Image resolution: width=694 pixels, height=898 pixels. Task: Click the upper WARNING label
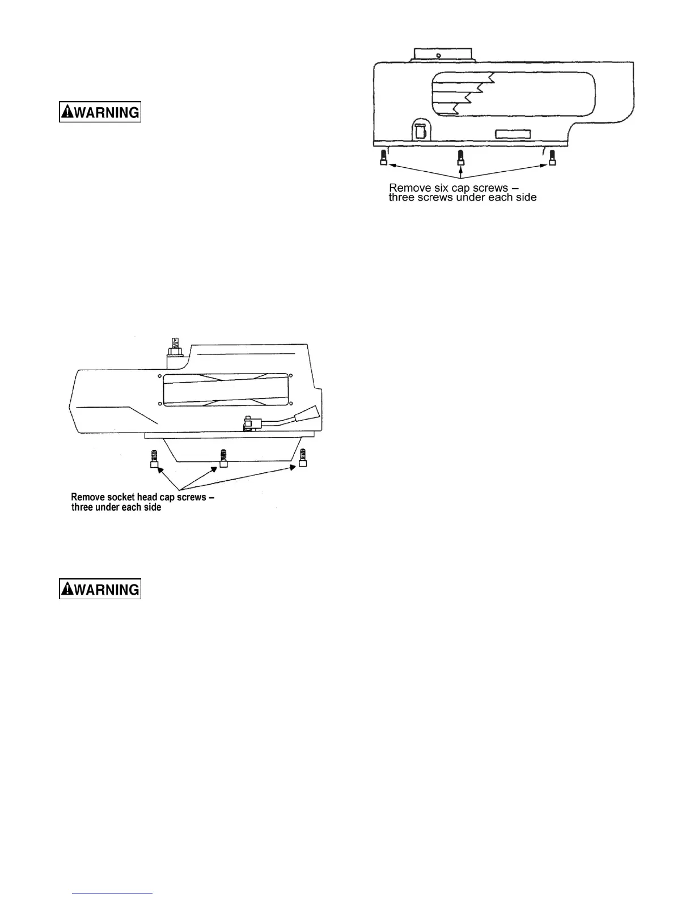click(x=100, y=112)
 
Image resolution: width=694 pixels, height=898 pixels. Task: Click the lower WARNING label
click(x=100, y=589)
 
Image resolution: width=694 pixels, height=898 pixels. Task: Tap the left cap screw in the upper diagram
click(x=384, y=158)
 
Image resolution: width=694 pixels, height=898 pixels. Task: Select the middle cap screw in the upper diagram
click(x=461, y=158)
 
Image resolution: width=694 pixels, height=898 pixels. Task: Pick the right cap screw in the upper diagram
click(x=552, y=158)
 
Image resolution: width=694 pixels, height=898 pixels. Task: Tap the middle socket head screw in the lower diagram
click(x=223, y=458)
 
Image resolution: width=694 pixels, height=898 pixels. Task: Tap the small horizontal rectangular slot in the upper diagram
click(x=513, y=134)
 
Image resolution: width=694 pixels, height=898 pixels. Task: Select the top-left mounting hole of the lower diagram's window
click(x=161, y=376)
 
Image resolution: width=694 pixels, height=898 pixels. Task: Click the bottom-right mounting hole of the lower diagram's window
click(x=290, y=404)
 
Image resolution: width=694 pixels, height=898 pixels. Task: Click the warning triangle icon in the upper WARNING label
click(x=67, y=112)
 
